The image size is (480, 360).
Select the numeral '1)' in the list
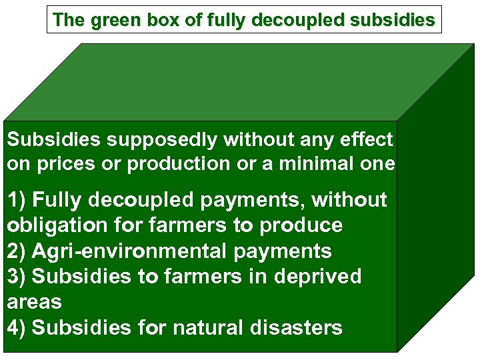[x=17, y=199]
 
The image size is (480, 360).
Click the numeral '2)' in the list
[x=17, y=251]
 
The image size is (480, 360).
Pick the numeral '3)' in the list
[x=17, y=276]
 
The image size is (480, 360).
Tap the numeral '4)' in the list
[x=17, y=327]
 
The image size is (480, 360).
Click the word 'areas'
[x=34, y=302]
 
